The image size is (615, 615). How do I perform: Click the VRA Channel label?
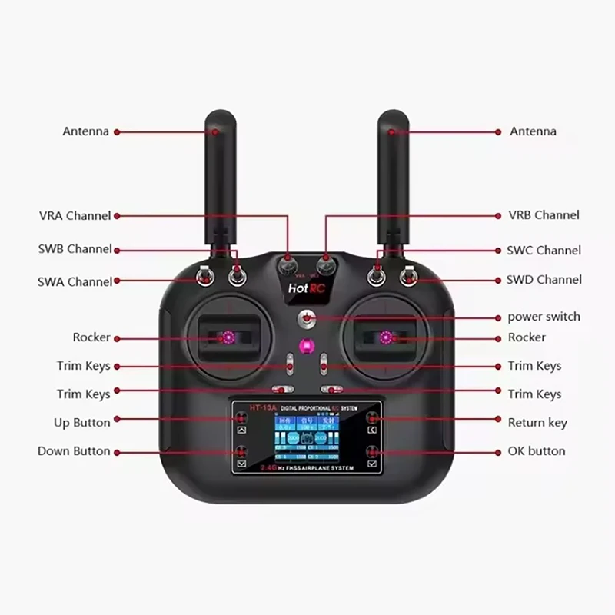click(75, 216)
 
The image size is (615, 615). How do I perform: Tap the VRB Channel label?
click(544, 215)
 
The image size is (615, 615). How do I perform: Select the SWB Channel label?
click(75, 249)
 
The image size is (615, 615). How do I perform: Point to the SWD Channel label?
click(544, 280)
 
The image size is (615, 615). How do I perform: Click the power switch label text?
click(544, 317)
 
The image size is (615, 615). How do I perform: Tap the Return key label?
click(537, 422)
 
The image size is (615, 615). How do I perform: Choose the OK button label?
click(537, 450)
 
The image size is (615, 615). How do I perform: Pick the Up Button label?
click(81, 422)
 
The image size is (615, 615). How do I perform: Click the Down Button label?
click(74, 451)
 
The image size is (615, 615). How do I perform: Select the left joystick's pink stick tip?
click(228, 337)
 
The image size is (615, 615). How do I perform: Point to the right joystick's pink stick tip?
click(387, 337)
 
